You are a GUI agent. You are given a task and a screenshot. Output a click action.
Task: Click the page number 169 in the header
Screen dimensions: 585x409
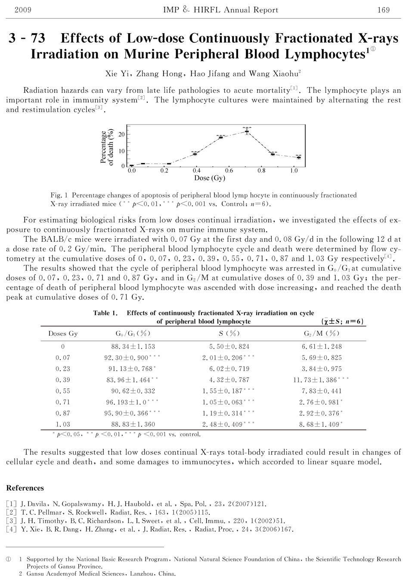tap(383, 10)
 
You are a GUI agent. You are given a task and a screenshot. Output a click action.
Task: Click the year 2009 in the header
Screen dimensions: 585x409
tap(23, 10)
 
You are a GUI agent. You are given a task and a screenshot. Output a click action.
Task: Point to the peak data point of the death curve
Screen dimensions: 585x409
tap(247, 131)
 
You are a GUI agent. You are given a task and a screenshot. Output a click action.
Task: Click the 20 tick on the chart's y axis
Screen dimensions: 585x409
tap(122, 135)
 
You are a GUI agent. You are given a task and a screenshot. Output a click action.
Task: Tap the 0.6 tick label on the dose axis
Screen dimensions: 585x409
tap(229, 171)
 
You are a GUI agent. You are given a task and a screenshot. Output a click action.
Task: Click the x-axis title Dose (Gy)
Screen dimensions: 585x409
tap(210, 178)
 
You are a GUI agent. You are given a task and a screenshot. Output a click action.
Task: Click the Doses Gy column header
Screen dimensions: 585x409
tap(63, 334)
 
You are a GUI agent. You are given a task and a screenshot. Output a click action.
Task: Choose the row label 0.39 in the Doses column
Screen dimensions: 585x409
tap(63, 380)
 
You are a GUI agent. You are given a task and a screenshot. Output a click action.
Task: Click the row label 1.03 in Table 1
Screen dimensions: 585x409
tap(63, 425)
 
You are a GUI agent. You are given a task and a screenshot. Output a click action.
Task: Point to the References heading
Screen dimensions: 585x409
tap(25, 488)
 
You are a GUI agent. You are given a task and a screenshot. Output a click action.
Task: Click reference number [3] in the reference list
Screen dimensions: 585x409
tap(11, 521)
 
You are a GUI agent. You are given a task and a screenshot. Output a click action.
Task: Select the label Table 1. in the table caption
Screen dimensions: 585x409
tap(105, 313)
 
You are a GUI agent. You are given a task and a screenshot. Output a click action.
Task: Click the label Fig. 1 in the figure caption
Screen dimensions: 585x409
tap(59, 195)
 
